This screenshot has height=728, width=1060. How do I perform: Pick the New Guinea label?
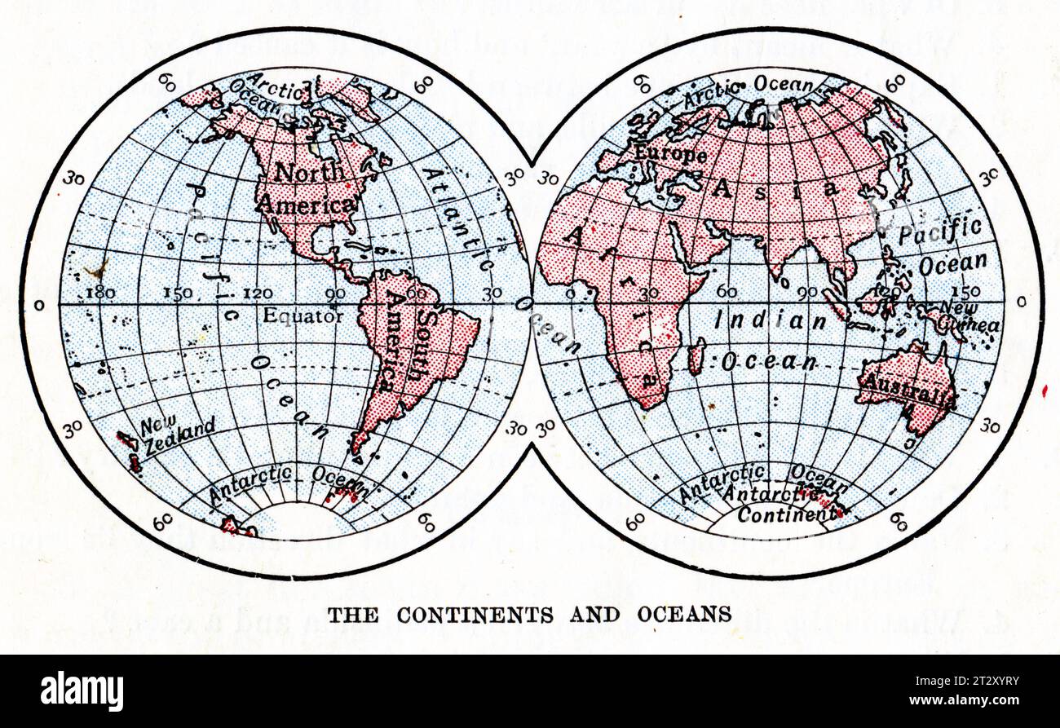969,317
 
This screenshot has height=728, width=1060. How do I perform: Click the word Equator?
303,316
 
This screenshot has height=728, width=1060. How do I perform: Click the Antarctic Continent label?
784,505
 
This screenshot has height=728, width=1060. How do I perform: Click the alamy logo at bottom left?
82,691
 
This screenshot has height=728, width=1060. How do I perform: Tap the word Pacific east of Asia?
939,232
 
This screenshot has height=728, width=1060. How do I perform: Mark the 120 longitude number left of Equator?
256,293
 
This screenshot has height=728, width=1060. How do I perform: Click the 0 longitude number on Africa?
570,293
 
